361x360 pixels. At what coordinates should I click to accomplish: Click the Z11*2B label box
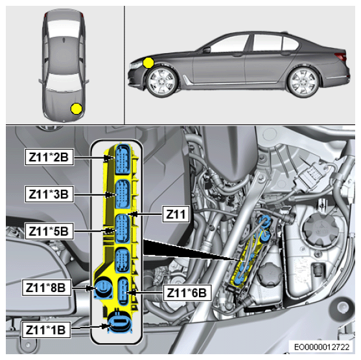pos(49,157)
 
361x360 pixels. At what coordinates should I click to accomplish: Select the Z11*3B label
pos(49,194)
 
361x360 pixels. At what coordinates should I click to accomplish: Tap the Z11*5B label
pos(49,231)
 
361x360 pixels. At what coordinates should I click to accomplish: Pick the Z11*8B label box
pos(46,287)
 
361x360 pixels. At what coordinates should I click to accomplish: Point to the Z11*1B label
pos(46,330)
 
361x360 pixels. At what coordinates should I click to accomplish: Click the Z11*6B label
pos(187,293)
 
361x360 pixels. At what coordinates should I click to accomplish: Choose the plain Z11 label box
pos(176,214)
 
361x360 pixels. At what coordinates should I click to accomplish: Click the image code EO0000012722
pos(321,347)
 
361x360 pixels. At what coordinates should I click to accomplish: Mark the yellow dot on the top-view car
pos(76,109)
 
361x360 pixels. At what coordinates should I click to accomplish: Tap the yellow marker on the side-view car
pos(148,63)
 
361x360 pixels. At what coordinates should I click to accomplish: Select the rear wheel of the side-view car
pos(303,82)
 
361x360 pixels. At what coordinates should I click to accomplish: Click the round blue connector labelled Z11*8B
pos(103,287)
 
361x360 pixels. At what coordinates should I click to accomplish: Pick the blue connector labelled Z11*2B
pos(123,159)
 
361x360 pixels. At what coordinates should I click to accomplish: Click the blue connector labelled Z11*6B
pos(123,291)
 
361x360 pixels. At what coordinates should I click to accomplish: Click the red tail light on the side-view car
pos(341,56)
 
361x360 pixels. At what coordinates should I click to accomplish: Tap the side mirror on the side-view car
pos(207,49)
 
